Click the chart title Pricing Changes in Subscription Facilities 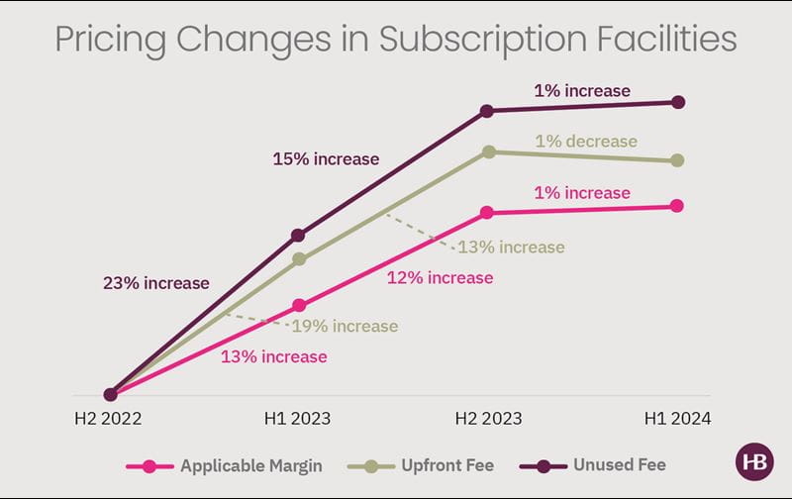pos(396,40)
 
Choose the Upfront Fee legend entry pos(442,464)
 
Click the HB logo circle pos(754,463)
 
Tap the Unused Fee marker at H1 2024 pos(677,102)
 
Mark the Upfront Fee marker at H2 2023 pos(488,151)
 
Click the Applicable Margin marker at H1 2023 pos(299,306)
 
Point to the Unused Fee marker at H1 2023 pos(299,235)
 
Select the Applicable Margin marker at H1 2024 pos(677,206)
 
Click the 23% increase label pos(156,283)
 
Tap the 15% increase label pos(327,158)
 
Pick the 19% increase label pos(345,326)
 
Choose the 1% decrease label pos(586,142)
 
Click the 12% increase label pos(440,278)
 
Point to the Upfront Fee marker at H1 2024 pos(677,160)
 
